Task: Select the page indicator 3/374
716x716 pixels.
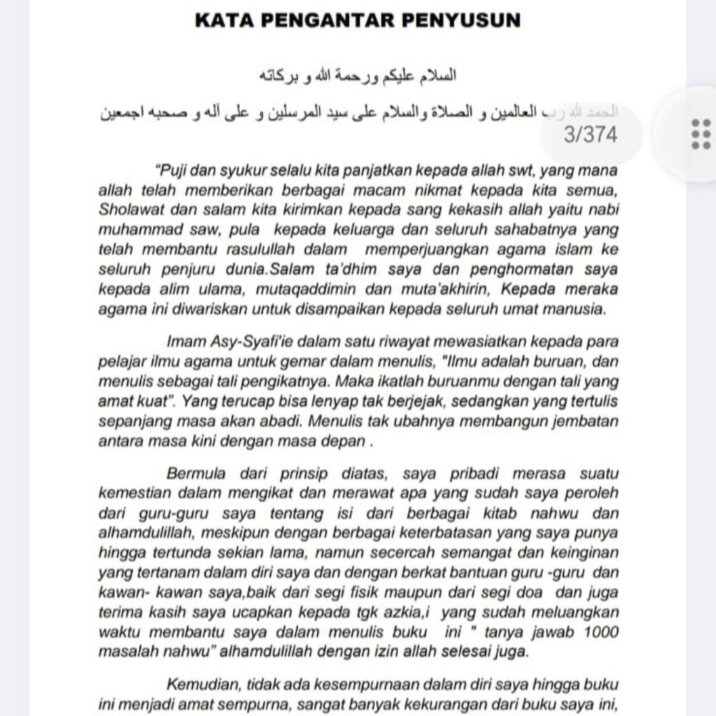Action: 590,134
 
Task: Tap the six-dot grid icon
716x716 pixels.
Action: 700,134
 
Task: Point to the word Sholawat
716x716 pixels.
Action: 129,210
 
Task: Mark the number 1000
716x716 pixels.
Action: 598,632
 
